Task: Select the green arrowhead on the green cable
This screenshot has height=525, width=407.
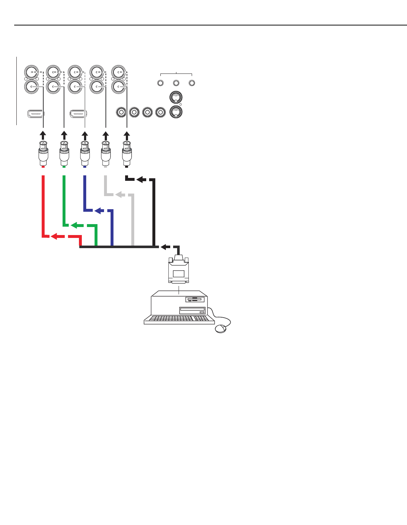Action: [x=75, y=226]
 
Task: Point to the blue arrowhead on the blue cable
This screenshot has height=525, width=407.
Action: [x=98, y=211]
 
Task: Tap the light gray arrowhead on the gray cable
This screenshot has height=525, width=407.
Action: [x=119, y=195]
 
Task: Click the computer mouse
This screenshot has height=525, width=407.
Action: [x=220, y=329]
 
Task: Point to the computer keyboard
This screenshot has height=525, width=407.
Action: [x=179, y=319]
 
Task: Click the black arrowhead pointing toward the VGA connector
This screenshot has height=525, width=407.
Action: [x=165, y=247]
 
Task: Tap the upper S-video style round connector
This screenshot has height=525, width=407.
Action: [x=176, y=97]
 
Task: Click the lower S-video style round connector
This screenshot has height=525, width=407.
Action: [x=176, y=111]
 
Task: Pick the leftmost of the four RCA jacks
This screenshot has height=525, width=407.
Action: [x=121, y=112]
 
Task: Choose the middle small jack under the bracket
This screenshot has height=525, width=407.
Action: [x=176, y=83]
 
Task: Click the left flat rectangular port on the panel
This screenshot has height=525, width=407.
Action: [x=36, y=114]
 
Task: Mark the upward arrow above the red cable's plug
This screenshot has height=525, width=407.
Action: [x=43, y=135]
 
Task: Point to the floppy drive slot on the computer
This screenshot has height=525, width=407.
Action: [x=195, y=300]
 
